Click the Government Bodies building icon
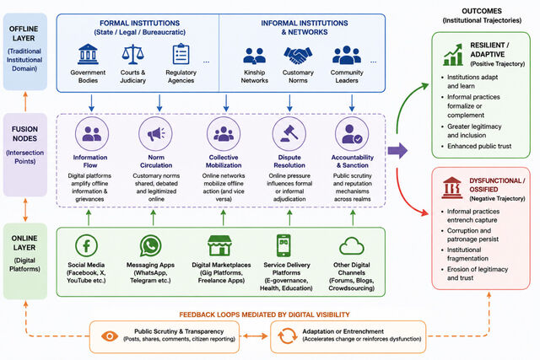click(x=88, y=54)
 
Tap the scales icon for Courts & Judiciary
click(x=132, y=54)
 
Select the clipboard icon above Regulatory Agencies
click(x=181, y=54)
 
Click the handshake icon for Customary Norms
click(x=298, y=56)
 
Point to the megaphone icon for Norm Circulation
click(x=156, y=133)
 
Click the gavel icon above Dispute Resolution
click(x=289, y=133)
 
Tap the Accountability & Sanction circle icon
click(x=352, y=133)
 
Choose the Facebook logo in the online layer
click(x=86, y=245)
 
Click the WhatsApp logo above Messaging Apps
click(x=150, y=245)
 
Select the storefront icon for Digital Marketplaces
click(x=219, y=245)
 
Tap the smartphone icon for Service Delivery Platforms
click(x=283, y=245)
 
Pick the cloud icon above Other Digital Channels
click(x=352, y=246)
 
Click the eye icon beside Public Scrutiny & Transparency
click(x=110, y=336)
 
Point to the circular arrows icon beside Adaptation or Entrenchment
click(x=287, y=336)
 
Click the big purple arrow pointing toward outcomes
click(x=397, y=150)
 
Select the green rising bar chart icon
click(x=453, y=54)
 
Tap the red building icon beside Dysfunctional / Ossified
click(x=452, y=188)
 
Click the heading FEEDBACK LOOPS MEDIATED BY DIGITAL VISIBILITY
click(x=264, y=314)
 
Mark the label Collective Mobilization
click(x=224, y=161)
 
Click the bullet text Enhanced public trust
click(x=479, y=146)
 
